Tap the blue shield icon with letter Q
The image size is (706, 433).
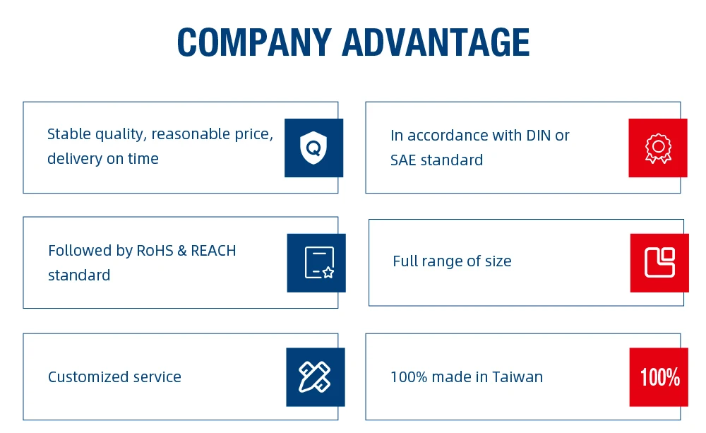click(313, 148)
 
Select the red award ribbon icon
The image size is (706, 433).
click(657, 148)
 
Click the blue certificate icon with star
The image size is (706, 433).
click(316, 263)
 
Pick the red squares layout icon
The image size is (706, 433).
click(659, 263)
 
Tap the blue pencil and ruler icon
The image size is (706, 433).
click(315, 377)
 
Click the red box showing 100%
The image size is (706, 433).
click(659, 377)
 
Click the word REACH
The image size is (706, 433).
click(213, 251)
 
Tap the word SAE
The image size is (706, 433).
click(405, 160)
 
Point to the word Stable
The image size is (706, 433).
click(68, 134)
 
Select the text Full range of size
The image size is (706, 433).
click(452, 261)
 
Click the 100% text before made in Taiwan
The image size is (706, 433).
click(409, 377)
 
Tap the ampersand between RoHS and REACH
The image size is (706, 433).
click(182, 251)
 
